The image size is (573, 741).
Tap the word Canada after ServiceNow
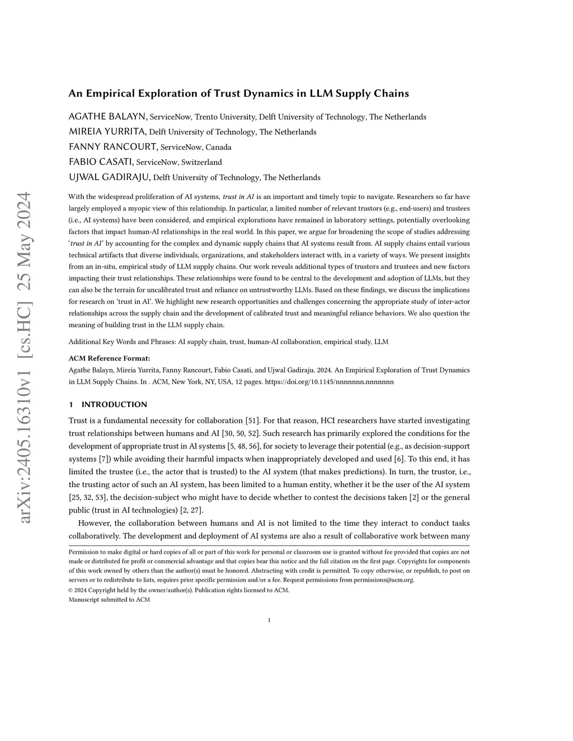pos(218,148)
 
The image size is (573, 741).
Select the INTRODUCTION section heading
pos(114,404)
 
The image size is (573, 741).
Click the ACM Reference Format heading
pos(109,358)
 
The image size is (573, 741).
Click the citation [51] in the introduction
pos(252,421)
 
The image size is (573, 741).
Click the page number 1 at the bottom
pos(269,620)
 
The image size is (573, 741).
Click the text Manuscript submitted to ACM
pos(109,600)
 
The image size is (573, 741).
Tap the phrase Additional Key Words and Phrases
pos(121,342)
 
